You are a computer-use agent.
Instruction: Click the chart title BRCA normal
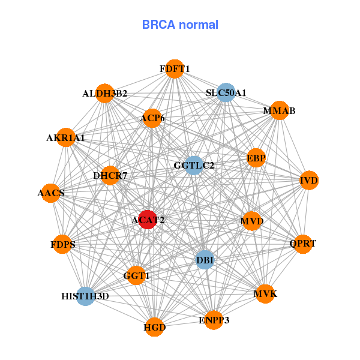click(x=180, y=25)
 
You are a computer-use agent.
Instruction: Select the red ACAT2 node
click(x=148, y=220)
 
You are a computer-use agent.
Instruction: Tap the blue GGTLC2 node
click(x=194, y=165)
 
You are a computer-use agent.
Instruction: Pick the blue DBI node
click(x=205, y=260)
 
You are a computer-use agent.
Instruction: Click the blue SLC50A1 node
click(x=226, y=92)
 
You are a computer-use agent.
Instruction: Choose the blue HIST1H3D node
click(x=85, y=296)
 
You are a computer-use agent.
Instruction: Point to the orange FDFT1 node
click(x=175, y=69)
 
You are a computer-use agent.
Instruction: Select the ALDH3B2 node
click(x=104, y=93)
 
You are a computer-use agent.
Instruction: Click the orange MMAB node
click(x=279, y=111)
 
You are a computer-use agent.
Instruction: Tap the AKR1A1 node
click(x=65, y=138)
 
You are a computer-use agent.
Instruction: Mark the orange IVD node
click(x=309, y=180)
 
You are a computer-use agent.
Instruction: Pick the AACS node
click(x=51, y=193)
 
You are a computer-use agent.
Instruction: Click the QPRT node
click(x=302, y=244)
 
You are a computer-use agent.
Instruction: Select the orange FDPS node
click(x=63, y=244)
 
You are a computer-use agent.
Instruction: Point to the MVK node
click(x=265, y=294)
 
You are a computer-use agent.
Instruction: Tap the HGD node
click(x=154, y=327)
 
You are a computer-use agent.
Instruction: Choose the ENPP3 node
click(x=214, y=320)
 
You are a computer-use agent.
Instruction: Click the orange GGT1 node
click(x=137, y=275)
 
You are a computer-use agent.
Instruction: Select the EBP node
click(x=256, y=158)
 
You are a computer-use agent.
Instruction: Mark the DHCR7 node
click(x=110, y=176)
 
